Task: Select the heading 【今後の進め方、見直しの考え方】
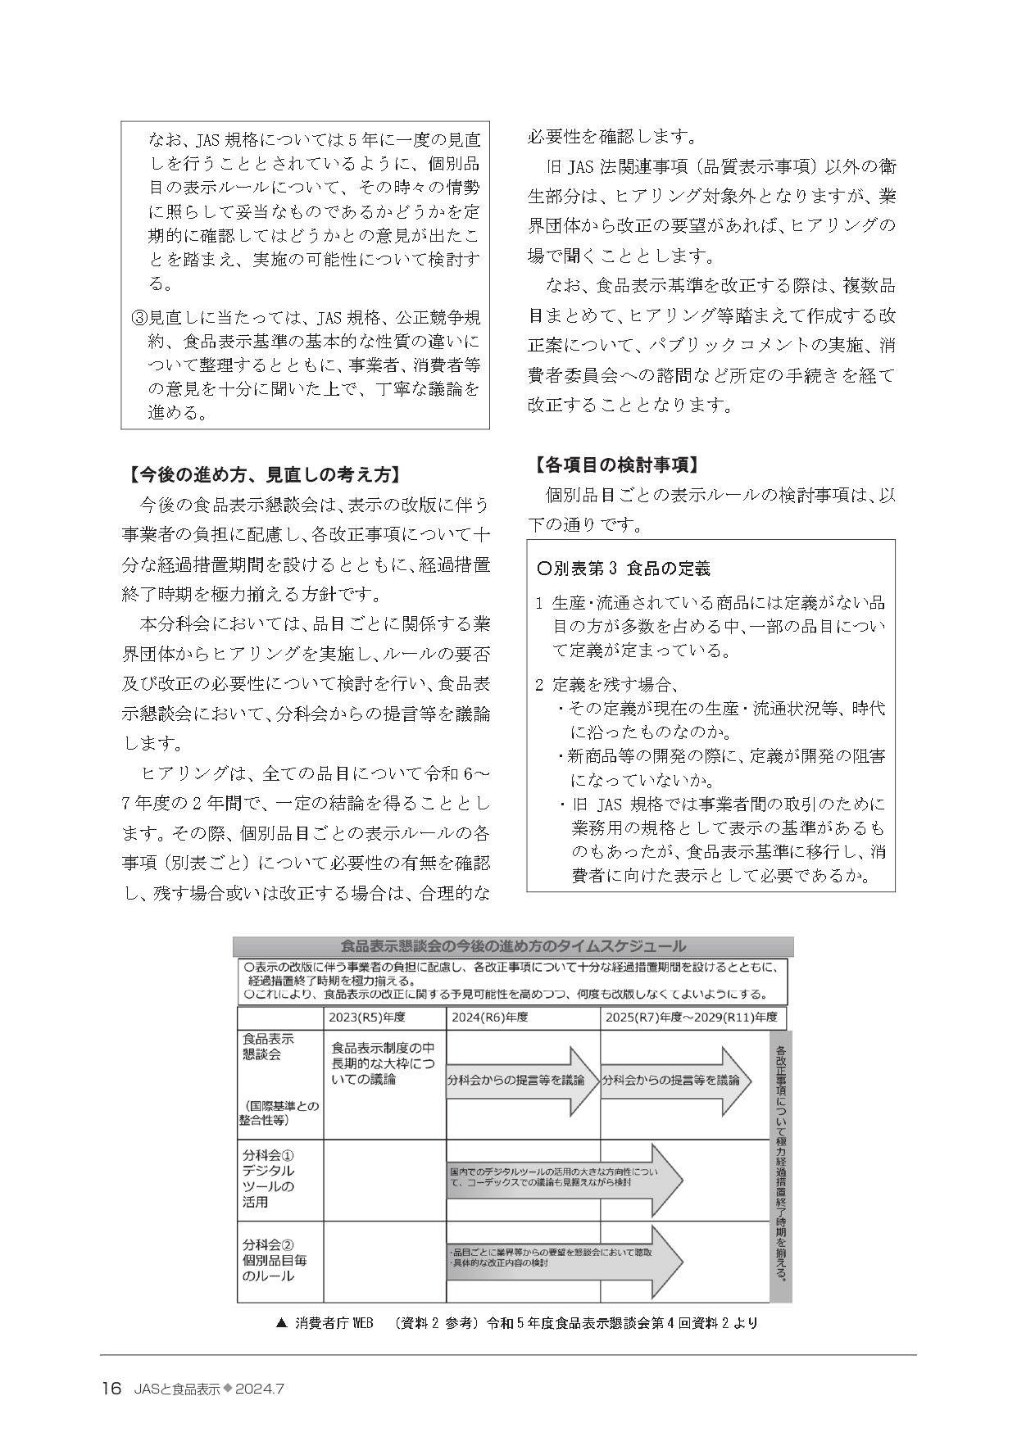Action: pos(261,475)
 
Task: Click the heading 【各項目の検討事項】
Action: pos(615,465)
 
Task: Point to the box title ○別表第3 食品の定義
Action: pos(623,568)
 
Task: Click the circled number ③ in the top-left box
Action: pos(138,317)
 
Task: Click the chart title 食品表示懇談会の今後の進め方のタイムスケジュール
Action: pos(513,946)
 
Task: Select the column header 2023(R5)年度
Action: pos(367,1018)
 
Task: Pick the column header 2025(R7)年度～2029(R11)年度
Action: pos(691,1018)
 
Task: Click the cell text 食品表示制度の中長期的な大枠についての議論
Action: pos(383,1063)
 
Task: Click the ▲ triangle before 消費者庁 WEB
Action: pos(282,1322)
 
